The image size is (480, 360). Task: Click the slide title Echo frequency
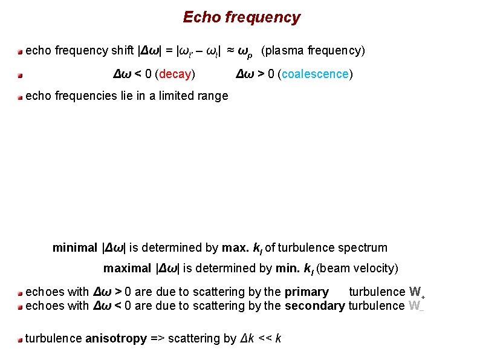tap(241, 18)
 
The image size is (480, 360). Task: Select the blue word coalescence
tap(315, 74)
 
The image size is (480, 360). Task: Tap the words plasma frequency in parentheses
tap(313, 51)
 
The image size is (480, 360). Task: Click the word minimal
tap(74, 247)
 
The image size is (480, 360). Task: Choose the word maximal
tap(127, 268)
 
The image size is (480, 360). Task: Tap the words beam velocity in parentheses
tap(357, 268)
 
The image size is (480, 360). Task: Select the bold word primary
tap(306, 292)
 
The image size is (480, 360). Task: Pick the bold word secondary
tap(314, 306)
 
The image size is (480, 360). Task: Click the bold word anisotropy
tap(116, 338)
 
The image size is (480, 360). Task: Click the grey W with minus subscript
tap(416, 306)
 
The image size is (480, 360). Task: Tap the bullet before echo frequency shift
tap(20, 51)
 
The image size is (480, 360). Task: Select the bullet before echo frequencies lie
tap(20, 96)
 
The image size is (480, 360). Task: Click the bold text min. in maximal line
tap(288, 268)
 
